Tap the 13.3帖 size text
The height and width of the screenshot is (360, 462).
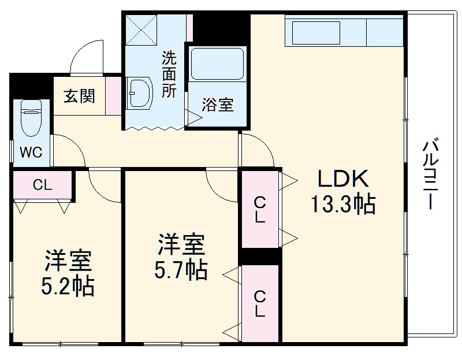click(x=343, y=205)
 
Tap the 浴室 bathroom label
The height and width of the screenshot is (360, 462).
click(x=218, y=105)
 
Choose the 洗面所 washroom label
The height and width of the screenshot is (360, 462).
click(x=169, y=75)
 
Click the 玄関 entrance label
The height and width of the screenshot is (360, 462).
click(x=79, y=96)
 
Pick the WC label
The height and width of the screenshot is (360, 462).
click(x=31, y=152)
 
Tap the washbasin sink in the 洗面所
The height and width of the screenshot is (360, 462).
click(x=139, y=92)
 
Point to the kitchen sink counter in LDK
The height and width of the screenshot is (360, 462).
click(x=326, y=32)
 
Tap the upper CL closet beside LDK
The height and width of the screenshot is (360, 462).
click(x=260, y=210)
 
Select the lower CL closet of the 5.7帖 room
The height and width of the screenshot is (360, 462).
click(x=260, y=303)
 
